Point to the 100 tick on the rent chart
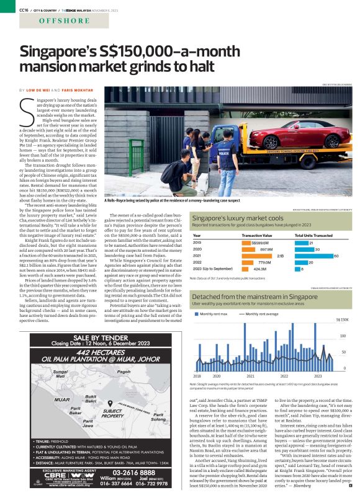pyautogui.click(x=342, y=336)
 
